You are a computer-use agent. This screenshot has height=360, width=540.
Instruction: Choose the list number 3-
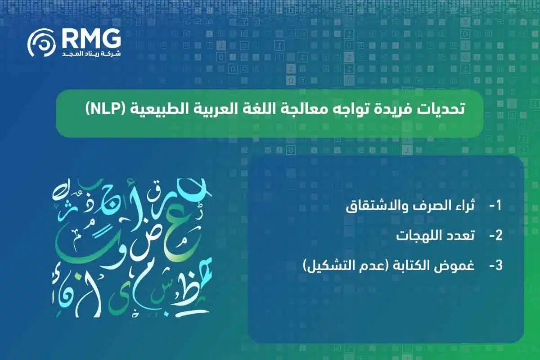[x=495, y=265]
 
